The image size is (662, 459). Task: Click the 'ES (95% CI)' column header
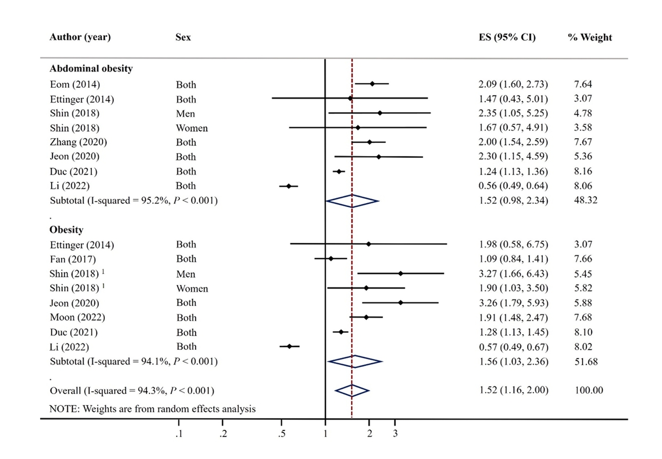coord(507,38)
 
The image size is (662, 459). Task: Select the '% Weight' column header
coord(590,38)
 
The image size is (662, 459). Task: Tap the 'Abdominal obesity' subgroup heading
coord(91,69)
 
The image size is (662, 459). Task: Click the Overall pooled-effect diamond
coord(352,391)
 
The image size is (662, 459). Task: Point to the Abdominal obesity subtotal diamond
coord(352,201)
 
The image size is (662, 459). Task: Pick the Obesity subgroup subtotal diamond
coord(354,362)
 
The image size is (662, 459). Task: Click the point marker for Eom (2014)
coord(372,84)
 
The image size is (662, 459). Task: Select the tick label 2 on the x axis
coord(370,434)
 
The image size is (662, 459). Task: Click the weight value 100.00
coord(589,390)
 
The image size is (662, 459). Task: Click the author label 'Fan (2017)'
coord(73,259)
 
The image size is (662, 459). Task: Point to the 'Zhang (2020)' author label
coord(78,142)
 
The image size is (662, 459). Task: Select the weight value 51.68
coord(586,362)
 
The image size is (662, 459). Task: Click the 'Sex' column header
coord(183,38)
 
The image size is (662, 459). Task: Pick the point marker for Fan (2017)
coord(331,259)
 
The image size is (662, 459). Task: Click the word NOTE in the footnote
coord(64,409)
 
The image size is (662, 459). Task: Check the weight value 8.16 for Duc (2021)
coord(583,171)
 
